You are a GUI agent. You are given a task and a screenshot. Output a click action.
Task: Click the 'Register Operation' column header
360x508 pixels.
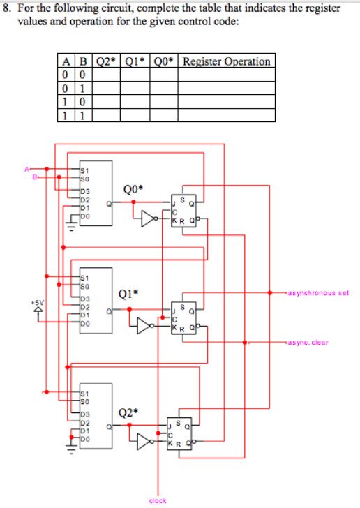click(x=226, y=61)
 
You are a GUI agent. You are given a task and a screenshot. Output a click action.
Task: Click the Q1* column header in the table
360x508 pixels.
click(x=135, y=61)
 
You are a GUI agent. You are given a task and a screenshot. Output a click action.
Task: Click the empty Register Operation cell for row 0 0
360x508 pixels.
click(x=226, y=75)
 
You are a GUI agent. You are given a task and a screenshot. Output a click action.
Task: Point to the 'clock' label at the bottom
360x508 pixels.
click(x=158, y=500)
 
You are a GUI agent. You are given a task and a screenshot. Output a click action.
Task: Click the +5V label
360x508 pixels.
click(x=36, y=303)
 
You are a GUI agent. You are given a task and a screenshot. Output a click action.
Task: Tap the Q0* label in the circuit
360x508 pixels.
click(x=133, y=189)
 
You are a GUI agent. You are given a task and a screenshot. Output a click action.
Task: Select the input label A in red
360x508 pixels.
click(x=27, y=168)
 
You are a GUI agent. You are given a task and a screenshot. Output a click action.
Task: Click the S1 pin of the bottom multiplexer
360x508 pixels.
click(x=84, y=393)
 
